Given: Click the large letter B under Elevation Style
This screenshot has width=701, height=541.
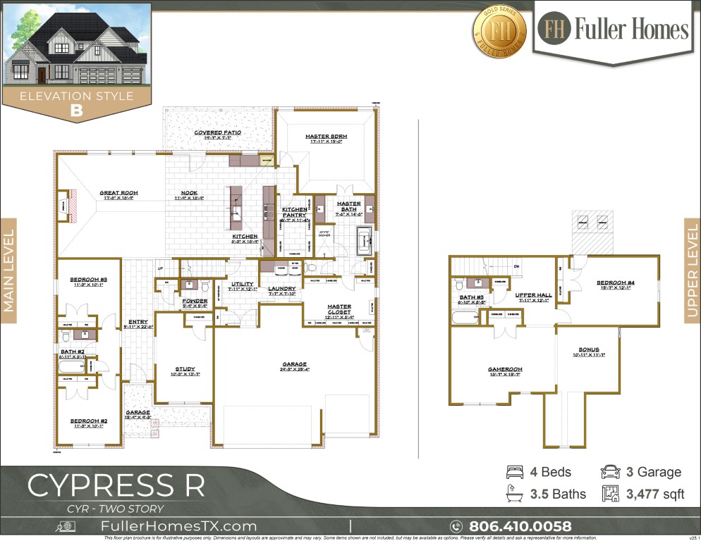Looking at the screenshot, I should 76,111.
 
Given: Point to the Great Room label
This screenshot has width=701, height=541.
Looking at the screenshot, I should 118,192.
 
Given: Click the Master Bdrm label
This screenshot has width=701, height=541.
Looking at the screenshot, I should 324,137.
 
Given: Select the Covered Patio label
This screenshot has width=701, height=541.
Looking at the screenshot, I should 218,132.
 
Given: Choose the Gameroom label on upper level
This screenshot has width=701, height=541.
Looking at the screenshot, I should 505,368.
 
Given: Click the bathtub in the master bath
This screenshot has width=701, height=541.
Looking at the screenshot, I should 366,240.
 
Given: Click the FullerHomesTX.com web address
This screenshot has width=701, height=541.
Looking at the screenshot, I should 179,526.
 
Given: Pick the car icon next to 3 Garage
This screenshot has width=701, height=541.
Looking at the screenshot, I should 609,472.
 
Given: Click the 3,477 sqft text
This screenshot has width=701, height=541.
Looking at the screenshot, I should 655,494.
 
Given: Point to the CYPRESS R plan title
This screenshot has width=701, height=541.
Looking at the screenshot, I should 116,485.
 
